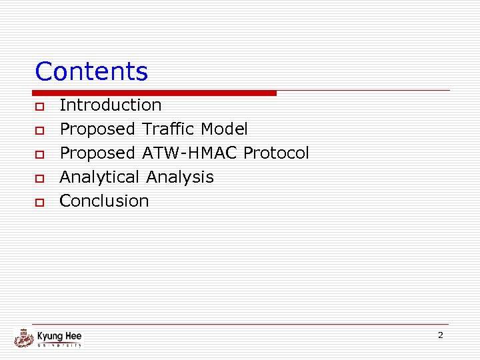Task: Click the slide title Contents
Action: point(91,71)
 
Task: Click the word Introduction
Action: point(111,105)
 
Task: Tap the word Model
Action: point(223,129)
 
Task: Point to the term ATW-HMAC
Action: point(189,153)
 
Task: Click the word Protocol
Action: point(276,153)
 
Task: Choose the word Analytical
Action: point(100,177)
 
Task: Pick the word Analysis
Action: point(180,177)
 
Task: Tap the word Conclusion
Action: point(104,201)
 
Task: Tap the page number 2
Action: point(440,335)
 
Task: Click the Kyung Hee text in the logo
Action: point(59,336)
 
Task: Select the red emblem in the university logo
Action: point(24,338)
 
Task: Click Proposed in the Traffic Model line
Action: point(97,129)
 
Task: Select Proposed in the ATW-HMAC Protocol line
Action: point(97,153)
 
